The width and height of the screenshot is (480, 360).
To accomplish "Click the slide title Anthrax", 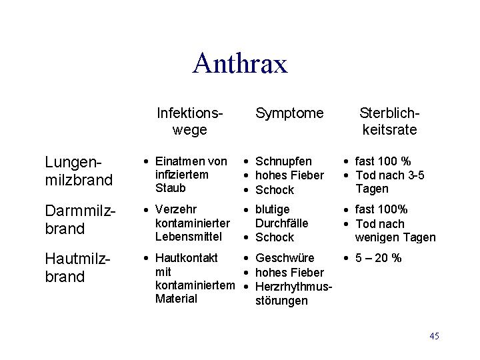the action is [240, 63].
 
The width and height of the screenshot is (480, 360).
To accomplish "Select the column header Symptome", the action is [289, 114].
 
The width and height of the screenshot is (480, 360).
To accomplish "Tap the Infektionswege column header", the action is [189, 121].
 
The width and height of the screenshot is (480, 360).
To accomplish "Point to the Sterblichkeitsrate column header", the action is [389, 121].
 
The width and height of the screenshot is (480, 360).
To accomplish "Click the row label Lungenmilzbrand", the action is [79, 171].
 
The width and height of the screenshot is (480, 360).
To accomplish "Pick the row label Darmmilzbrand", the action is [80, 219].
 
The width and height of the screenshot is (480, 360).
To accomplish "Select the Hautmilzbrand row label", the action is [77, 267].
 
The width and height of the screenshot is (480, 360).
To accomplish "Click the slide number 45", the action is [434, 336].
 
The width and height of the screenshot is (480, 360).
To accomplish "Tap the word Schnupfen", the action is [283, 161].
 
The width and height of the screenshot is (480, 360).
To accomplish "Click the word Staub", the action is [170, 188].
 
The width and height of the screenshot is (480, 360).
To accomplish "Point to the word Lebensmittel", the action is [188, 237].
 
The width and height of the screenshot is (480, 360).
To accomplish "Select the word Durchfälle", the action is [281, 223].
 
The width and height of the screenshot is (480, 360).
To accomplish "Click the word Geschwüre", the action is [285, 258].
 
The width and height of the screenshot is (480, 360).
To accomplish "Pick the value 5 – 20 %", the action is [379, 258].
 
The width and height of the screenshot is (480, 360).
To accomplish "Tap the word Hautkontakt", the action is [187, 258].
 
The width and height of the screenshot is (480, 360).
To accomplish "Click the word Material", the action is [176, 299].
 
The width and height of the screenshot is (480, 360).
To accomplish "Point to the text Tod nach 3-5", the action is [390, 175].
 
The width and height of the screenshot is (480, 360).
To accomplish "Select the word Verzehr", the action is [176, 210].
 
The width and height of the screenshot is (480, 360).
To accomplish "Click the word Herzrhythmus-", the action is [293, 287].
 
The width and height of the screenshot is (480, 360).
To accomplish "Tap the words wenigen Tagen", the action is [395, 237].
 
